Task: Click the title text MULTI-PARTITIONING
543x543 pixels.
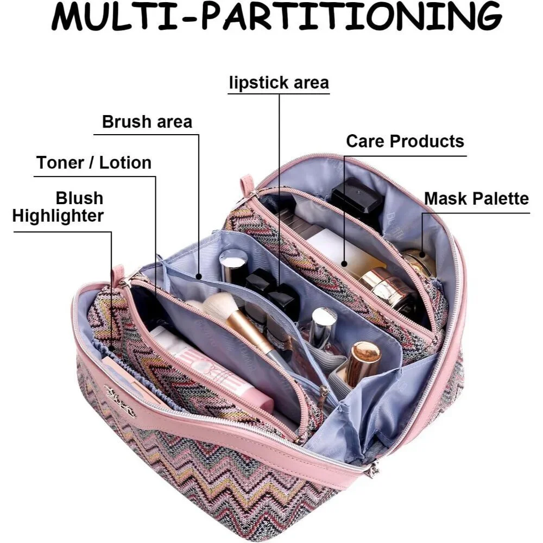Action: click(x=277, y=17)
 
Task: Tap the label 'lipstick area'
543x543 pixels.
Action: click(x=279, y=83)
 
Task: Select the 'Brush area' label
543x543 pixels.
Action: click(x=147, y=122)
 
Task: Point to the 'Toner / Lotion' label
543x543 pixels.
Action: click(x=94, y=163)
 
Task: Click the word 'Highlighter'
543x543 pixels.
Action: click(x=58, y=216)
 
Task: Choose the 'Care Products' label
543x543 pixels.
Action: click(x=405, y=141)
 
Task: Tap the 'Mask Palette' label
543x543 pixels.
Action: click(x=477, y=199)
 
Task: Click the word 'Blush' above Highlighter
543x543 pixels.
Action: click(x=79, y=198)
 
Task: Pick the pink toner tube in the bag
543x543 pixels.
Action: click(x=208, y=367)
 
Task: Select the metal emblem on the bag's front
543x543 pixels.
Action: click(x=119, y=398)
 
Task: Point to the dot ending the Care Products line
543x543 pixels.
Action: click(x=344, y=263)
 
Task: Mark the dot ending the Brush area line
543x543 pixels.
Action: click(x=198, y=276)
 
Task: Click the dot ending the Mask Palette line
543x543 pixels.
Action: click(x=422, y=255)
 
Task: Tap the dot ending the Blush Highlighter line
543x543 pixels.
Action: click(x=111, y=349)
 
